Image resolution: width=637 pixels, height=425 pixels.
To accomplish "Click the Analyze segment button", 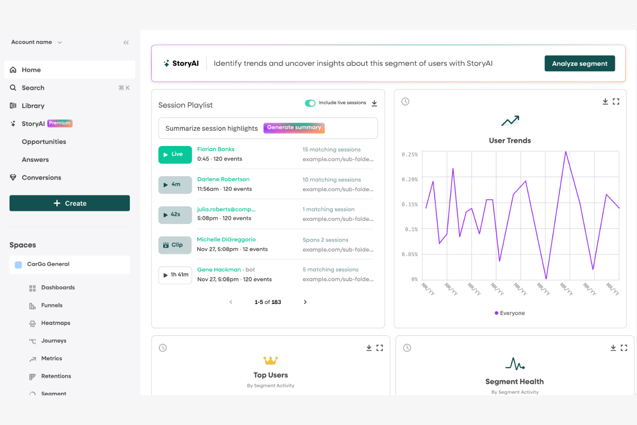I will [x=579, y=63].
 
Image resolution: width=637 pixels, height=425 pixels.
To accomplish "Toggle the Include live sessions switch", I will [x=310, y=103].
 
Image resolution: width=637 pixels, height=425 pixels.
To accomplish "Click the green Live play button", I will [x=175, y=155].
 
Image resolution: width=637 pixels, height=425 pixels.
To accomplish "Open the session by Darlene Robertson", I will [x=223, y=179].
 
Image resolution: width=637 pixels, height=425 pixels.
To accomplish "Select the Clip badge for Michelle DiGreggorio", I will [x=175, y=245].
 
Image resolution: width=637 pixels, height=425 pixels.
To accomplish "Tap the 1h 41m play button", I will [x=175, y=275].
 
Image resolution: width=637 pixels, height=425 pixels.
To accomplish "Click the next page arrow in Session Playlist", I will [x=305, y=302].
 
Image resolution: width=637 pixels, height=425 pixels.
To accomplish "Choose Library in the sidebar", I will [x=33, y=105].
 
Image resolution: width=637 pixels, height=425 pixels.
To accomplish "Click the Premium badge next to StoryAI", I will [x=59, y=123].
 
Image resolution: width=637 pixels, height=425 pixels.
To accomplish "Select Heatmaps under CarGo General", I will [x=56, y=323].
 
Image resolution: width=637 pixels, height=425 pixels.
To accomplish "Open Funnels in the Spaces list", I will [x=52, y=305].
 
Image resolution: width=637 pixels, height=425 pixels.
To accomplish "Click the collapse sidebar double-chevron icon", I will [x=126, y=42].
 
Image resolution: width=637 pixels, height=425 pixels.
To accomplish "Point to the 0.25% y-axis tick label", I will [x=409, y=155].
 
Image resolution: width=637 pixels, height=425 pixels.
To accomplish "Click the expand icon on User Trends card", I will [x=616, y=102].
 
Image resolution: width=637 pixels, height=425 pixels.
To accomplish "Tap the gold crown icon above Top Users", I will [x=270, y=360].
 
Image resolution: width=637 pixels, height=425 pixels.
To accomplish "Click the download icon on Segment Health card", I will [x=613, y=348].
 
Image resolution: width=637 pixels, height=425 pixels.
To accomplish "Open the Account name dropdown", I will [x=37, y=42].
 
